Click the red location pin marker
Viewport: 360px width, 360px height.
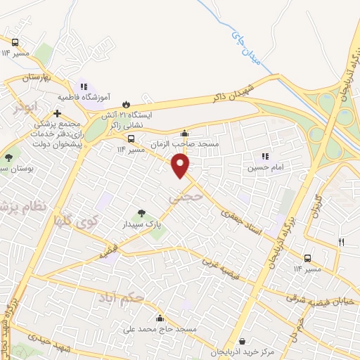(181, 165)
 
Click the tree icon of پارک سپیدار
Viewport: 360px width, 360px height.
(141, 212)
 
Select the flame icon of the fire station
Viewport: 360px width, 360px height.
(127, 102)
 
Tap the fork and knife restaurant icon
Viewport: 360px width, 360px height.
(342, 242)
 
